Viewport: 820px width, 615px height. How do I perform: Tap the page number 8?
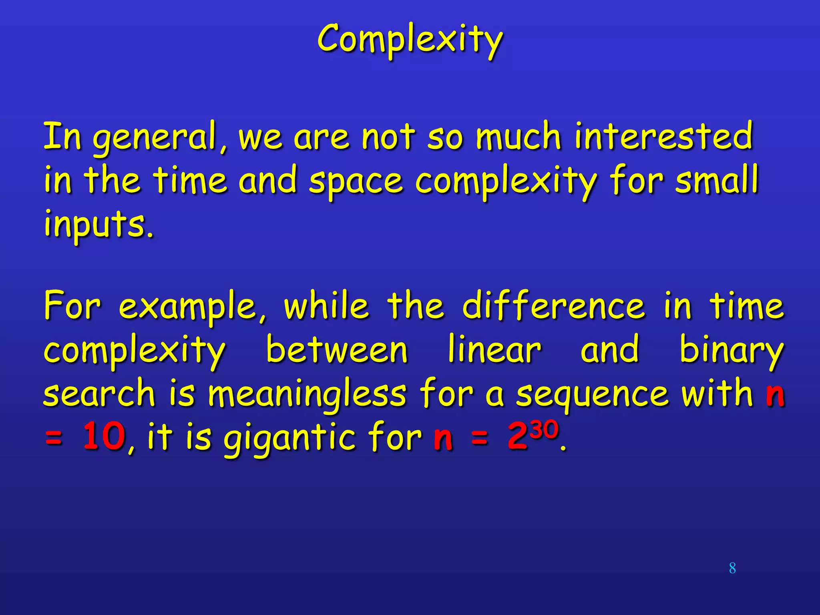point(732,568)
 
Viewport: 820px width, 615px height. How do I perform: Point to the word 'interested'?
point(663,136)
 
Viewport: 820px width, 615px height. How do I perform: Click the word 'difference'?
point(553,306)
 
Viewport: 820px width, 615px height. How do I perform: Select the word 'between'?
point(337,350)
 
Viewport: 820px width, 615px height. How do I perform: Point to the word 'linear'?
point(494,350)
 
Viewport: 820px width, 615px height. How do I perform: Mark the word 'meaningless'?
point(307,395)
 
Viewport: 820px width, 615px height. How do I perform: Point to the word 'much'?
point(519,137)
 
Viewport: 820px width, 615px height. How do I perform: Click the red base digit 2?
point(518,437)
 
